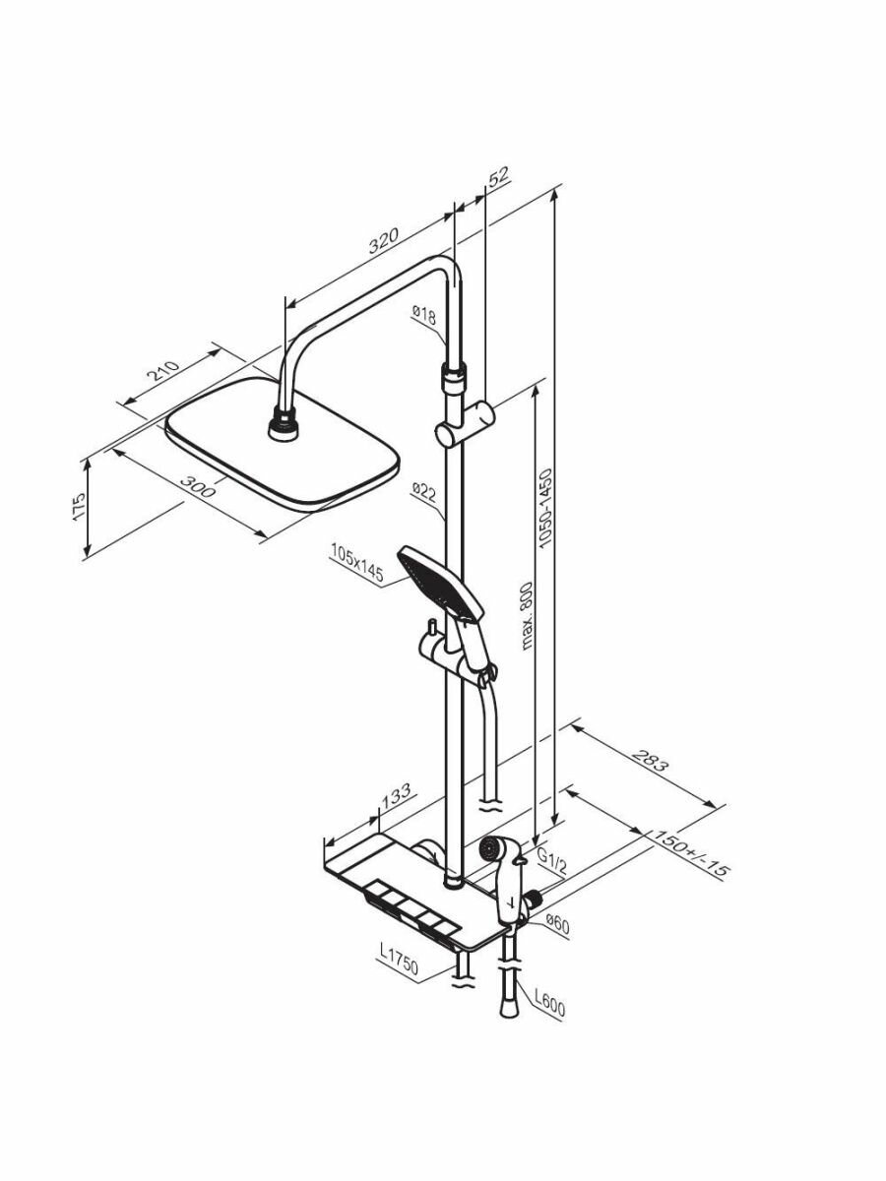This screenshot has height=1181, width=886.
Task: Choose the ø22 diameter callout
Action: click(x=424, y=492)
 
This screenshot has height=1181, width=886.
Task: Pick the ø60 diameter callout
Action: click(x=558, y=926)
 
